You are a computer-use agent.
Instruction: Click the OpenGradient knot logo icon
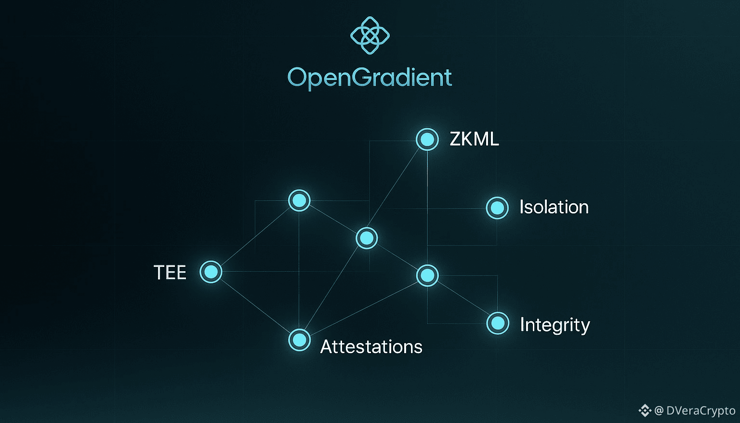pos(370,35)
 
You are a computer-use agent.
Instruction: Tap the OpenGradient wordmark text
pos(370,78)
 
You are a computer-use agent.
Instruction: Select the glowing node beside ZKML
pos(427,139)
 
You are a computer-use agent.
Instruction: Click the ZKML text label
pos(474,139)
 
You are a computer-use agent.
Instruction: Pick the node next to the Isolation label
pos(497,208)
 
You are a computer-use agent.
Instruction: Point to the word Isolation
pos(554,207)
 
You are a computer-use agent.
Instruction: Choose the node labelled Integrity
pos(498,323)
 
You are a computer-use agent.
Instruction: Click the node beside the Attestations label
pos(299,340)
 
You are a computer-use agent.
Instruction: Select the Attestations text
pos(371,347)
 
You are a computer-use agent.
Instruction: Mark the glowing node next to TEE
pos(211,272)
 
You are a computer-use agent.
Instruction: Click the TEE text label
pos(170,273)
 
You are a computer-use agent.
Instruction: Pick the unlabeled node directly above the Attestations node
pos(299,200)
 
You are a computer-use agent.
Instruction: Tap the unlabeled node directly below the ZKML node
pos(427,275)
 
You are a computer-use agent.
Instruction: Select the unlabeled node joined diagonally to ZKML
pos(367,238)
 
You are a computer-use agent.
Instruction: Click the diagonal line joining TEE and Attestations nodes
pos(255,306)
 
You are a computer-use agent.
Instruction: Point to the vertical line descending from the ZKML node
pos(427,208)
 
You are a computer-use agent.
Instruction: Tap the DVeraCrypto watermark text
pos(700,411)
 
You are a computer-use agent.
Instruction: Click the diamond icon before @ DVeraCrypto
pos(645,410)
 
